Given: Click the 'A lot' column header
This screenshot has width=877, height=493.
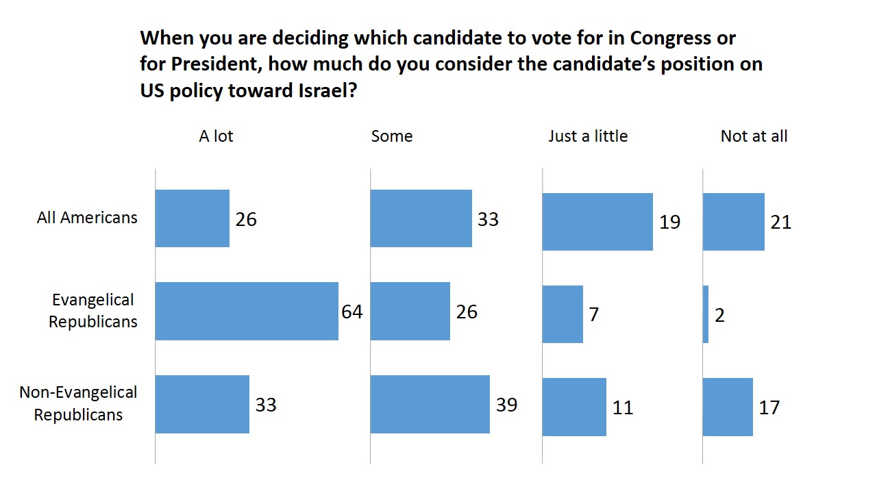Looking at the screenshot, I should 216,136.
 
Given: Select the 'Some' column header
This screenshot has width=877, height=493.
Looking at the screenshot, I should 392,136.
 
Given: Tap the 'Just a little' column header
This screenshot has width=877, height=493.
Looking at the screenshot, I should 588,136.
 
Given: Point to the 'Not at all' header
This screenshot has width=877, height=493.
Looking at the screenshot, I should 754,136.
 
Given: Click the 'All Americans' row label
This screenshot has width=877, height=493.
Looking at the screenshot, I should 87,218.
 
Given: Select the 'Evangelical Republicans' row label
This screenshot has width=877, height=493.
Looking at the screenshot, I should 92,311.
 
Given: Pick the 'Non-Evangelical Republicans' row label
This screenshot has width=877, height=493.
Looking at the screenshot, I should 78,403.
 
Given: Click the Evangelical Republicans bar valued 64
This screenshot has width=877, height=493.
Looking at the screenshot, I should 247,311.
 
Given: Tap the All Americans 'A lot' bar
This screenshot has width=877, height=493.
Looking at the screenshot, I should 193,218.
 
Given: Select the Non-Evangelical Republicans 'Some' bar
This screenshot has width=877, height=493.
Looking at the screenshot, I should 430,404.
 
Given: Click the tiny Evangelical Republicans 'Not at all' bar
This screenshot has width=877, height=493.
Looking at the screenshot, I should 706,314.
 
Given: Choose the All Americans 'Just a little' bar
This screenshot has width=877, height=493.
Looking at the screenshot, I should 597,222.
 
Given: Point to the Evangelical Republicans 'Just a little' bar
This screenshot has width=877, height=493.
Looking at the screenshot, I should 563,314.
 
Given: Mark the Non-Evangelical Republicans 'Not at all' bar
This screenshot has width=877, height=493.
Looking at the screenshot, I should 728,407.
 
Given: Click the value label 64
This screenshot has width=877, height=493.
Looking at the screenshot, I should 352,312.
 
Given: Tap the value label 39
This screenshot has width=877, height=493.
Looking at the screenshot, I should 506,405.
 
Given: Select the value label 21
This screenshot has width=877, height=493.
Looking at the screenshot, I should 781,222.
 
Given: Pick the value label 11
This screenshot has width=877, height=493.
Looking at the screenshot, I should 622,407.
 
